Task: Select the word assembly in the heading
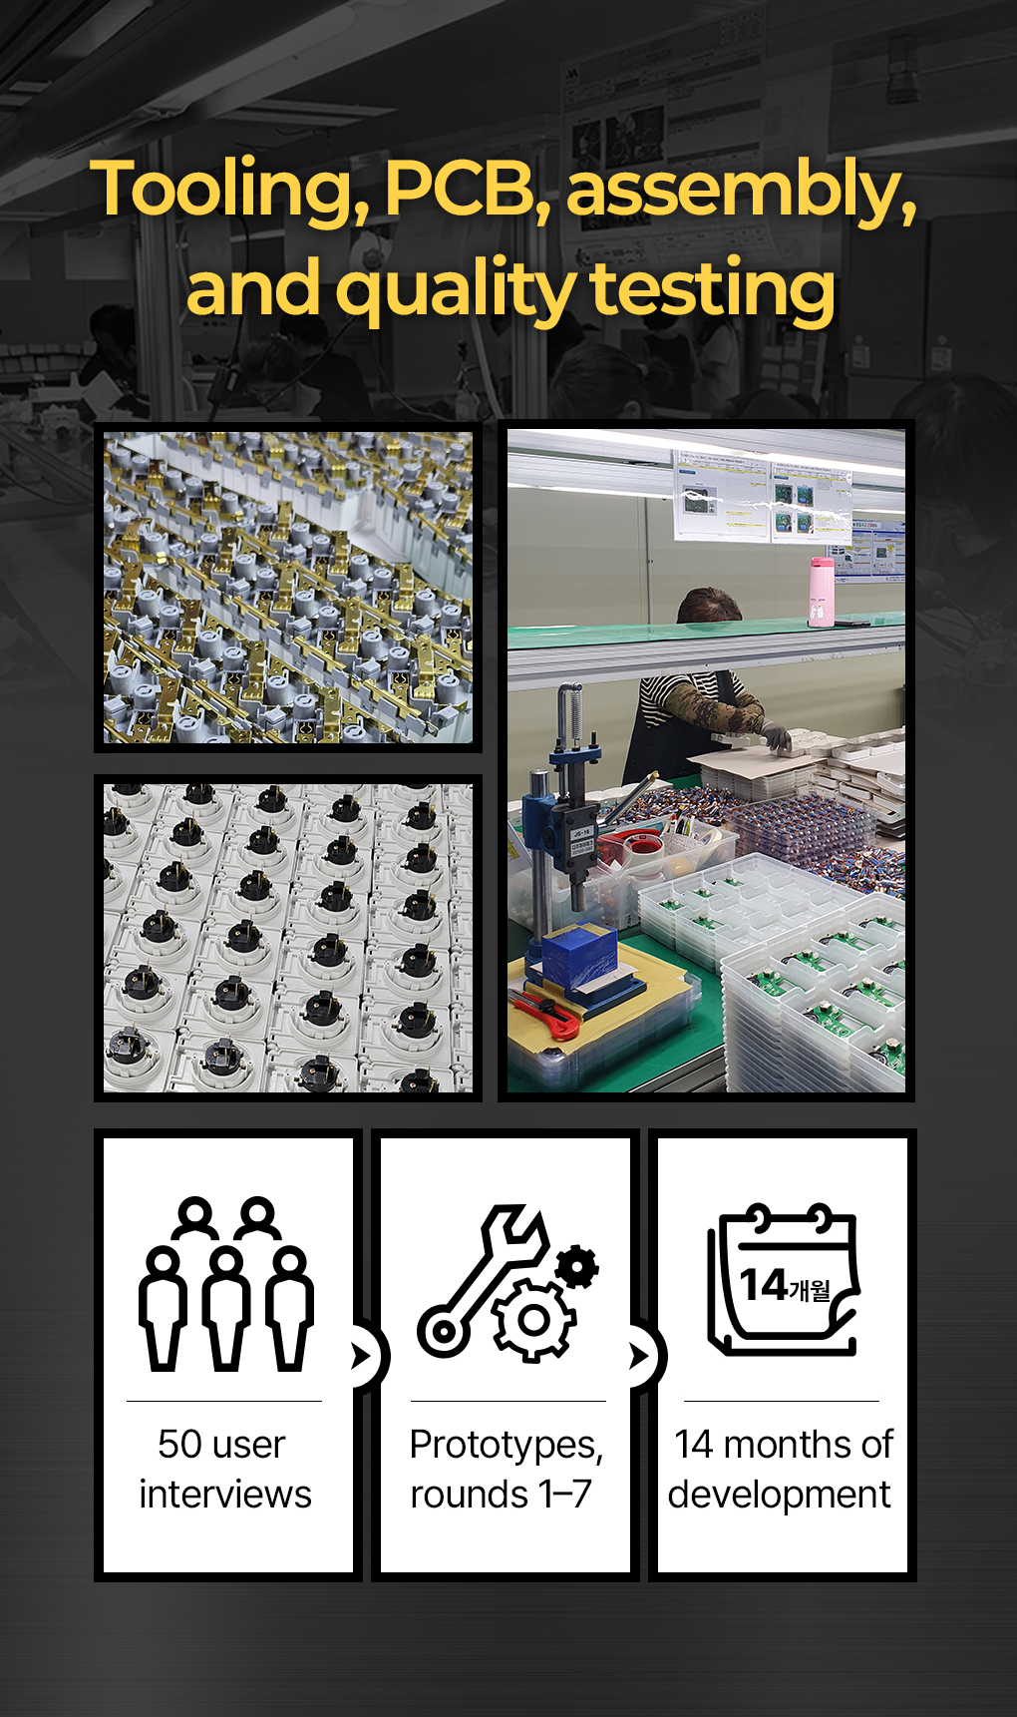pos(741,190)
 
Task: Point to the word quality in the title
pos(455,290)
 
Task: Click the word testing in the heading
pos(712,290)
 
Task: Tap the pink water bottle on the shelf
pos(822,592)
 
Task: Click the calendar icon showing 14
pos(783,1279)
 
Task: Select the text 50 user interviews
pos(225,1470)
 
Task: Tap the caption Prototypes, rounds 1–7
pos(507,1470)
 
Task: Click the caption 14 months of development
pos(782,1470)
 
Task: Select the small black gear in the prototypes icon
pos(577,1268)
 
